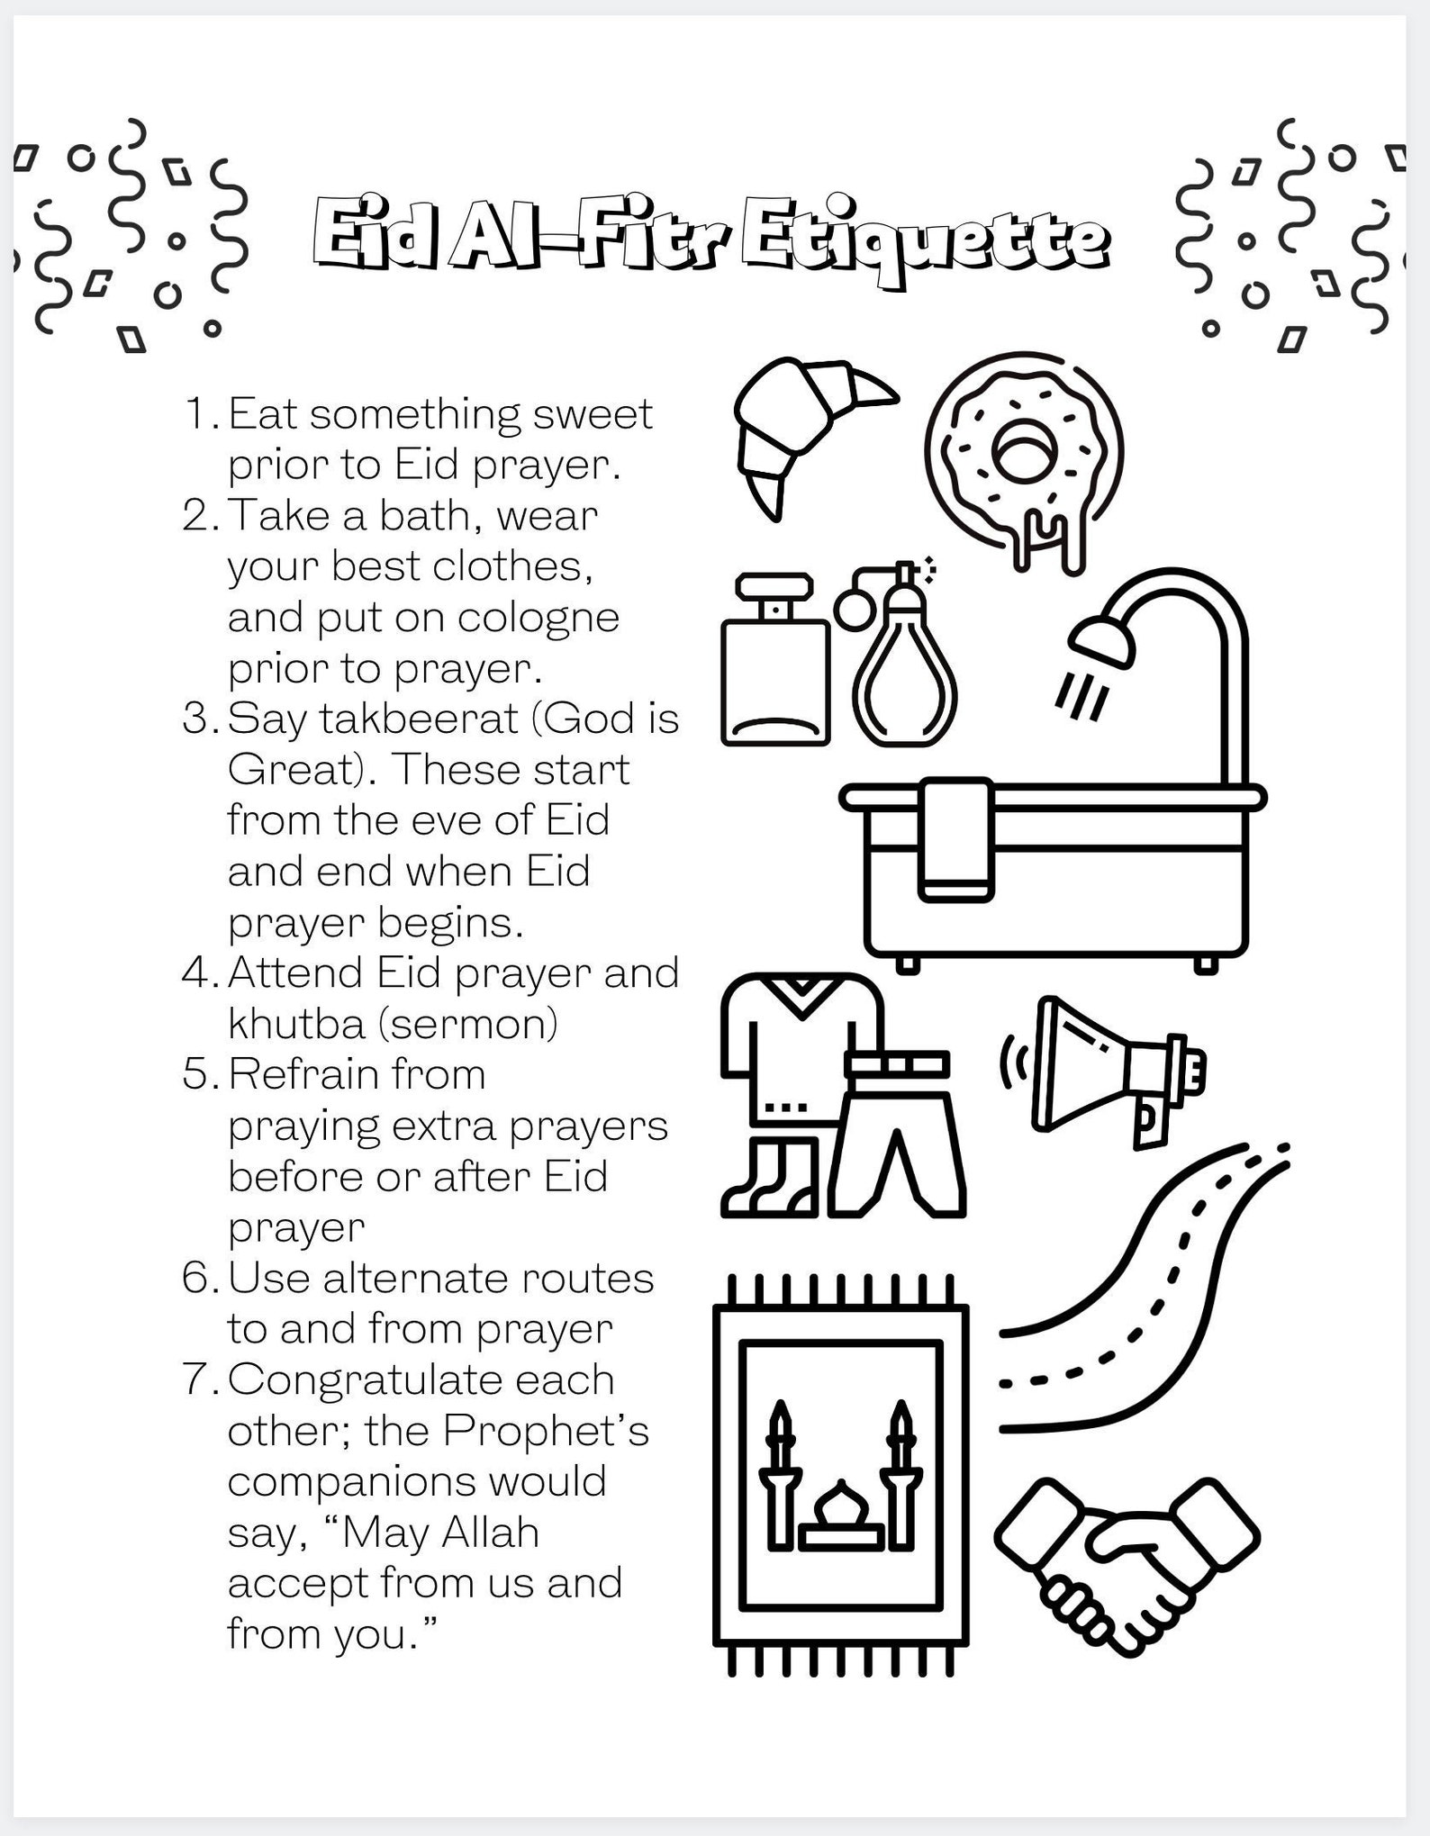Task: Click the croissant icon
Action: [801, 428]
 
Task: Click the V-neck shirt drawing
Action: [797, 1045]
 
